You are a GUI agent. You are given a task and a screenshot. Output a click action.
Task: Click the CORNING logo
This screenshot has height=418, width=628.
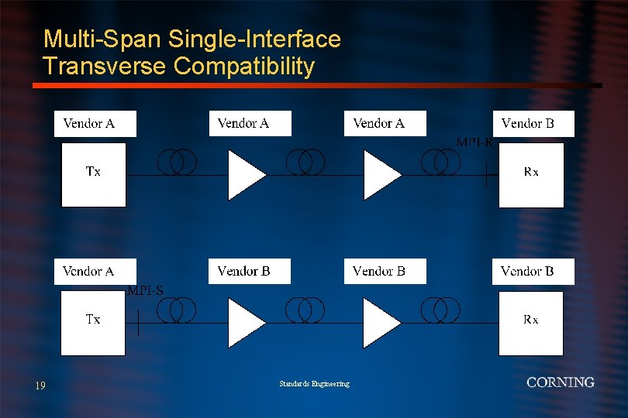click(x=560, y=382)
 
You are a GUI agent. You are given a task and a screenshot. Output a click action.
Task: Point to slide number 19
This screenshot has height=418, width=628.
click(x=40, y=385)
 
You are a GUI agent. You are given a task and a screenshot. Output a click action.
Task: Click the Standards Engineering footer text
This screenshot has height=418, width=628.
click(x=314, y=384)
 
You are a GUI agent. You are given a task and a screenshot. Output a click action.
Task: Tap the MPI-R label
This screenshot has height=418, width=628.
click(x=474, y=142)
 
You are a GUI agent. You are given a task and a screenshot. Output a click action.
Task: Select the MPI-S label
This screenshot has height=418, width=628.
click(x=145, y=291)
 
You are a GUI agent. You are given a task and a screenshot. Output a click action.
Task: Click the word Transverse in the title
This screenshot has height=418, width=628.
click(x=105, y=67)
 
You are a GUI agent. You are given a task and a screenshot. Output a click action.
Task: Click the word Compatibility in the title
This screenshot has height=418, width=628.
click(x=244, y=67)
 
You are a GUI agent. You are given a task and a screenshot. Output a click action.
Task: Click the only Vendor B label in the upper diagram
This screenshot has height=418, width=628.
click(x=533, y=124)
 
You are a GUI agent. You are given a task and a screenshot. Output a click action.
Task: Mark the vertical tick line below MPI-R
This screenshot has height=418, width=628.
click(x=486, y=176)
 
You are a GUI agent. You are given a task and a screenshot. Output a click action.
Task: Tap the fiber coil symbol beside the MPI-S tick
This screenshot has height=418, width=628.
click(x=177, y=310)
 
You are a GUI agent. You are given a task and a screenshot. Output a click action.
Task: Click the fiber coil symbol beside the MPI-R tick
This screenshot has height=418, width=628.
click(x=440, y=162)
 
